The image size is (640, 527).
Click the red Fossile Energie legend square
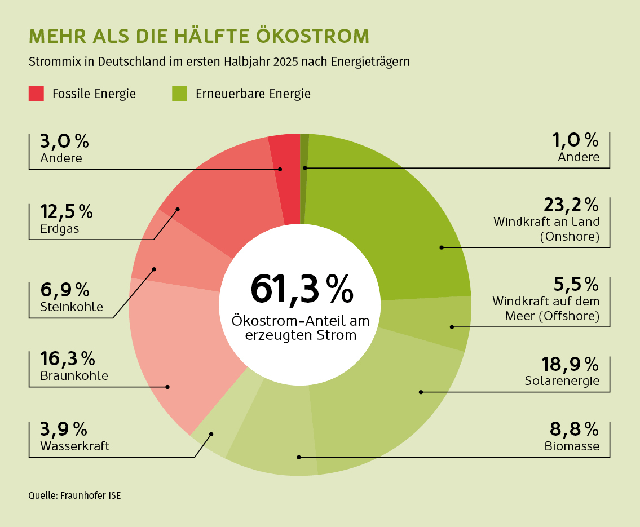[x=36, y=94]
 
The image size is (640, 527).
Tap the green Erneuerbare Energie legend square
[x=179, y=94]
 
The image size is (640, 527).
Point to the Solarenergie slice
[x=395, y=395]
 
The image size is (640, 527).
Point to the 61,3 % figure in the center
[x=302, y=289]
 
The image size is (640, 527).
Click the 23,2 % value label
[x=571, y=204]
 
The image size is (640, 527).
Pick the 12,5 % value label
[x=67, y=212]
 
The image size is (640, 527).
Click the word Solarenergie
[x=562, y=381]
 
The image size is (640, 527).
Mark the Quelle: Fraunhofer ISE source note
[x=74, y=496]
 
